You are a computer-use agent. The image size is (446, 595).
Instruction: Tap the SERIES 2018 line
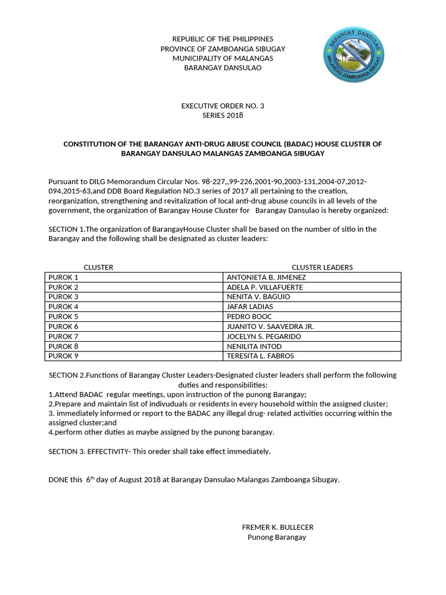(222, 115)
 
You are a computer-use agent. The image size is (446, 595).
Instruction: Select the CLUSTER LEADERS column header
(322, 267)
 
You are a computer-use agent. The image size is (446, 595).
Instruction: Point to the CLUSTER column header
(99, 267)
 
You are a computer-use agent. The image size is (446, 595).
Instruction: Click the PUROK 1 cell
(63, 277)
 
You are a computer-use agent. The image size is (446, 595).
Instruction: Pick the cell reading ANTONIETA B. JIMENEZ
(266, 277)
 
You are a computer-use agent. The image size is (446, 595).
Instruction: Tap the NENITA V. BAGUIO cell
(258, 297)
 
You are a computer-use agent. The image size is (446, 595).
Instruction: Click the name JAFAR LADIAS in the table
(250, 307)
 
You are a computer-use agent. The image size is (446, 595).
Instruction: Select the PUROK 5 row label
(63, 317)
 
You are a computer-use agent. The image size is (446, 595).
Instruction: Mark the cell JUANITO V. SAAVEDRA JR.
(269, 327)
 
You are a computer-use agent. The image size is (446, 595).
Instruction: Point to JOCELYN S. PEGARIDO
(264, 336)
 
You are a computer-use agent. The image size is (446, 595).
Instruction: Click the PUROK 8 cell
(63, 346)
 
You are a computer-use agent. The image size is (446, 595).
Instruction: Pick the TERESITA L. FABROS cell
(260, 356)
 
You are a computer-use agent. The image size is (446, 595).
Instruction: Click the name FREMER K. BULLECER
(278, 527)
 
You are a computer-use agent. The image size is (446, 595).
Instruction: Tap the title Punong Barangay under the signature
(277, 537)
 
